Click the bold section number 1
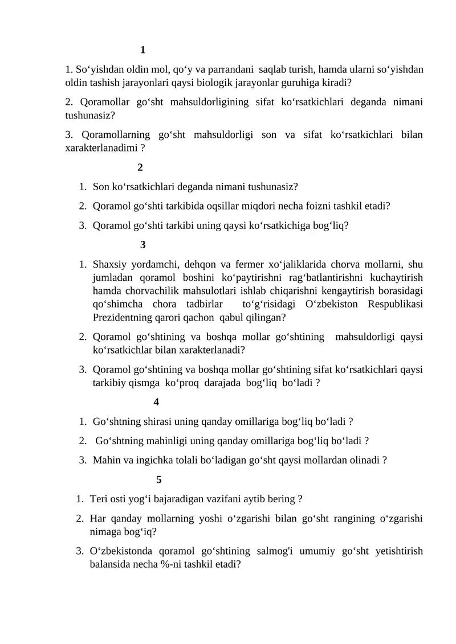tap(142, 50)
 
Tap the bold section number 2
tap(140, 167)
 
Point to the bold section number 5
tap(159, 479)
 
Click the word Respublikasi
tap(394, 303)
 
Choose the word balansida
tap(110, 564)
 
